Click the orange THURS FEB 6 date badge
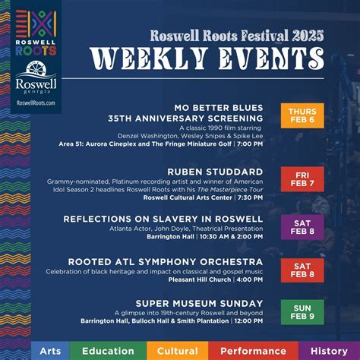[x=302, y=115]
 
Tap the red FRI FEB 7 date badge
[x=302, y=179]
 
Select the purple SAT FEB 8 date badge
[x=302, y=226]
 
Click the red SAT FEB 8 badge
[x=302, y=270]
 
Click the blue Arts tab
[x=50, y=351]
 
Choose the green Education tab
[x=107, y=351]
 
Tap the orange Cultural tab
[x=177, y=351]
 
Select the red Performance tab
[x=253, y=351]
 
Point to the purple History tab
[x=329, y=351]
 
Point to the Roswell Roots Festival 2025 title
[x=237, y=35]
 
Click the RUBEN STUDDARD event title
[x=215, y=172]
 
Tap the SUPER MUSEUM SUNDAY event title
[x=199, y=304]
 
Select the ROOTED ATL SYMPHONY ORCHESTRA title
[x=166, y=261]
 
